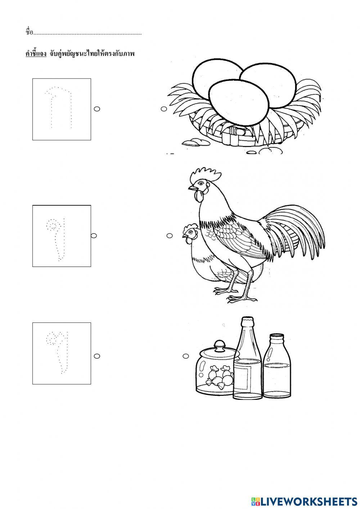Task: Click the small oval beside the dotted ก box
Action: click(97, 109)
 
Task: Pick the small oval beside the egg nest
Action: click(164, 109)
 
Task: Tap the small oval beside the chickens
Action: click(170, 236)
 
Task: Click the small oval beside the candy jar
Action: click(186, 356)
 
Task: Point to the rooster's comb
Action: click(205, 174)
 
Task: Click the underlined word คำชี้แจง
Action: click(36, 54)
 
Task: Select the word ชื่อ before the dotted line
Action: click(29, 32)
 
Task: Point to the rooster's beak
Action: click(192, 188)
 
